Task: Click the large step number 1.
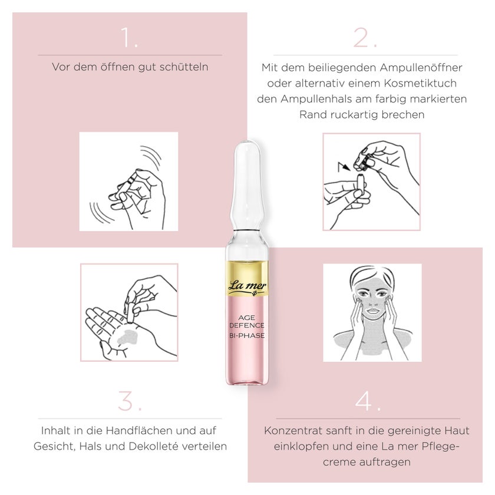(129, 38)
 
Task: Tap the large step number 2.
(365, 38)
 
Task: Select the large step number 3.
(130, 401)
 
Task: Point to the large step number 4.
(368, 401)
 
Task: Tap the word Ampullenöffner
(421, 68)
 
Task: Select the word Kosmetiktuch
(420, 83)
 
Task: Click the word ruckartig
(354, 115)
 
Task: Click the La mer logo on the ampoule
(247, 286)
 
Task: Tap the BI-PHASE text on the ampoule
(247, 335)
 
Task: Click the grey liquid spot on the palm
(128, 336)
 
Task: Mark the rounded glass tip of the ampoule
(247, 148)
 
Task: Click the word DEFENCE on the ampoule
(247, 325)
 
